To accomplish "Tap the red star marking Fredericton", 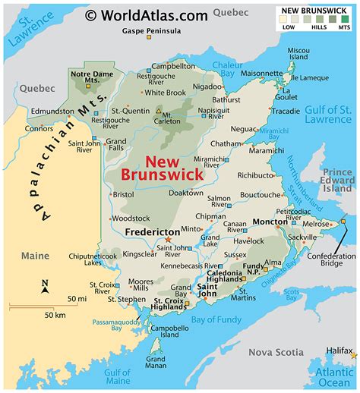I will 169,239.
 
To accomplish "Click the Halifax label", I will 339,351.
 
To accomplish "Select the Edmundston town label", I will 54,111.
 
